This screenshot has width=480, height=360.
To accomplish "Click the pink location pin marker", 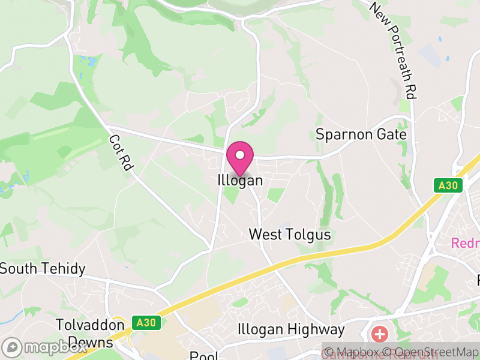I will click(240, 158).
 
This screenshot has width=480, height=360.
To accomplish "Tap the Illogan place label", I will click(240, 180).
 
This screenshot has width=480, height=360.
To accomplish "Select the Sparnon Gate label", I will click(361, 134).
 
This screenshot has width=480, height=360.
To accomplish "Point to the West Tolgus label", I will click(290, 234).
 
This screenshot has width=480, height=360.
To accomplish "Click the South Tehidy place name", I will click(43, 268).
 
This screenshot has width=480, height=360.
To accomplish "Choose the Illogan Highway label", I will click(292, 329).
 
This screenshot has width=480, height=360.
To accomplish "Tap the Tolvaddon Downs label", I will click(84, 334).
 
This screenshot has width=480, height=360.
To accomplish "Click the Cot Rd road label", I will click(119, 152).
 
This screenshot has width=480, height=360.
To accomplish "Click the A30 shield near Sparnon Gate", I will click(449, 186).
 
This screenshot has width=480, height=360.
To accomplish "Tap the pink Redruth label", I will click(465, 244).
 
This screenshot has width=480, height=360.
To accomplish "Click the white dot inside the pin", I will click(240, 155).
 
